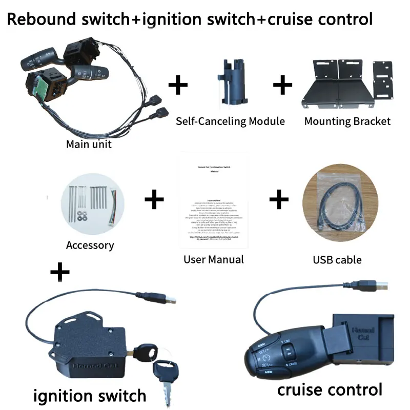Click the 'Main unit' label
[x=89, y=144]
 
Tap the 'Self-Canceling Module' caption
[x=230, y=121]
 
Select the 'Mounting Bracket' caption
[x=347, y=121]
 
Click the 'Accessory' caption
[x=90, y=245]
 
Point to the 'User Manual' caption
[x=214, y=259]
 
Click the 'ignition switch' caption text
[x=90, y=395]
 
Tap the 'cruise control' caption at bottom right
[x=330, y=389]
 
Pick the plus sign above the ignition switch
[x=60, y=272]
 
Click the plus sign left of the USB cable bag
[x=279, y=199]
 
